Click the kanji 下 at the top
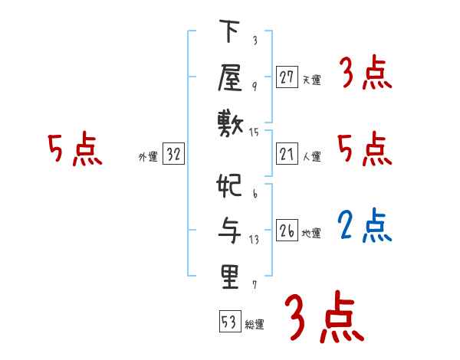(230, 33)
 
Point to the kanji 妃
(230, 187)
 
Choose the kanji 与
(230, 231)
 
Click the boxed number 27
(287, 77)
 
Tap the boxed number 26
(287, 231)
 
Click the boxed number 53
(228, 322)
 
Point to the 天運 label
(312, 79)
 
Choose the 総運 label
(255, 324)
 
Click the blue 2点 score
(365, 225)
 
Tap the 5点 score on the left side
(74, 149)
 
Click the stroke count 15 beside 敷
(255, 132)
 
